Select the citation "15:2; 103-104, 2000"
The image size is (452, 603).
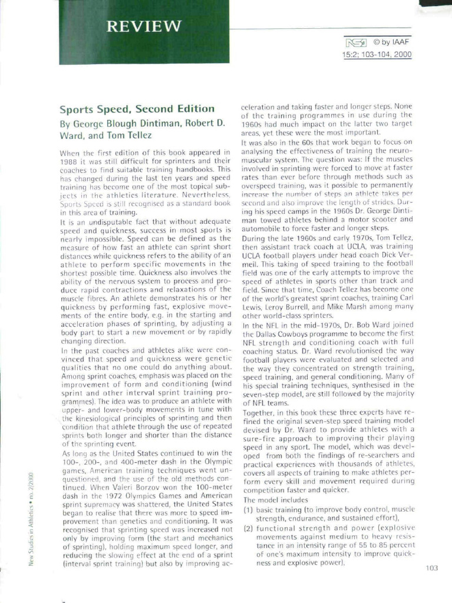point(377,55)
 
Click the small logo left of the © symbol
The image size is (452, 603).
point(357,42)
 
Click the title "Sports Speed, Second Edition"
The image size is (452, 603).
point(137,109)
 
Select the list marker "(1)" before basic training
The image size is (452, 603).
point(248,509)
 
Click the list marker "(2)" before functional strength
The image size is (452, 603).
point(248,528)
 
